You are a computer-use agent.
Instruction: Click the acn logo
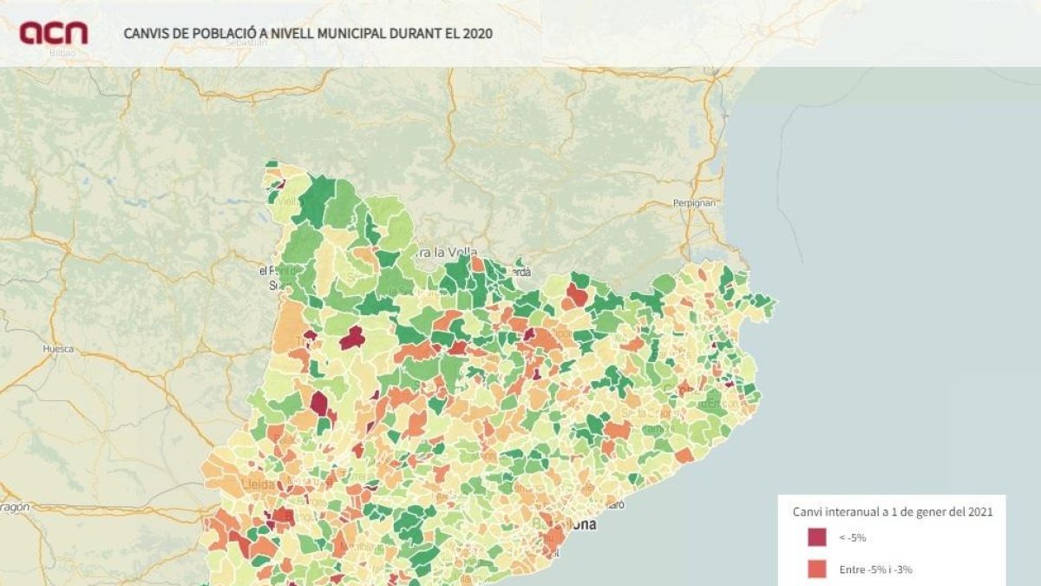[x=54, y=33]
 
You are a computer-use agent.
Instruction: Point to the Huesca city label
[x=58, y=349]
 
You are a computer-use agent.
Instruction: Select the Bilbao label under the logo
[x=62, y=53]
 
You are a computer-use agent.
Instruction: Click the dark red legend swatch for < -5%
[x=817, y=538]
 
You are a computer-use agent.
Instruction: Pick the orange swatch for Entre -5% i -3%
[x=817, y=570]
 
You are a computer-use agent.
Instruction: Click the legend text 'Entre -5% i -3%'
[x=875, y=570]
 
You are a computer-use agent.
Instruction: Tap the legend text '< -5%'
[x=852, y=538]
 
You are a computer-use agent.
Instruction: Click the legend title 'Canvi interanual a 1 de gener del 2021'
[x=893, y=512]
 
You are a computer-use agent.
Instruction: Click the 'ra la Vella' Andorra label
[x=447, y=253]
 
